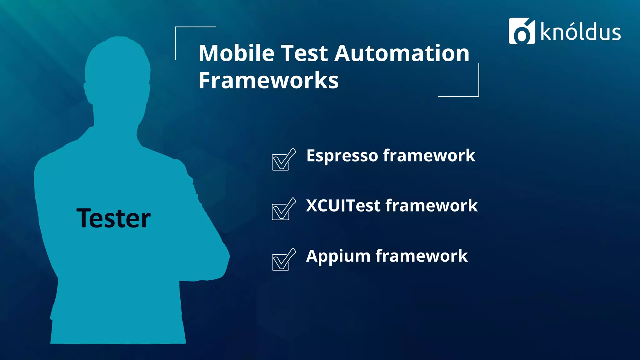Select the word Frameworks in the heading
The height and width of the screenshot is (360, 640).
click(x=268, y=81)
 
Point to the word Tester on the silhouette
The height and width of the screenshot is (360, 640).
click(x=113, y=218)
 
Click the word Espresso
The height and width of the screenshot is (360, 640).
click(x=342, y=156)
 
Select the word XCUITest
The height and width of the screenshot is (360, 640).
click(x=343, y=206)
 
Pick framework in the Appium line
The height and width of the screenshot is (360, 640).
click(x=422, y=256)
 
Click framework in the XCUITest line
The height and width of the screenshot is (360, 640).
click(x=432, y=206)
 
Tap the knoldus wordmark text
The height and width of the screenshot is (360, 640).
click(x=581, y=32)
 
